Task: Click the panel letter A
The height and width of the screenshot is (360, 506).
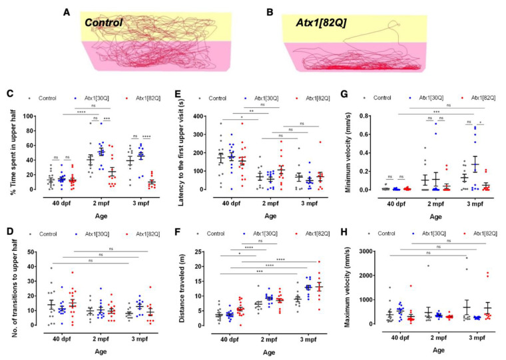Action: pos(67,12)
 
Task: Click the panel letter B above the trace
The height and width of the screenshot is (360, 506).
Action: pos(270,12)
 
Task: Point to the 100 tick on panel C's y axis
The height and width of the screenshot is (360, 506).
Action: pos(29,116)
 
